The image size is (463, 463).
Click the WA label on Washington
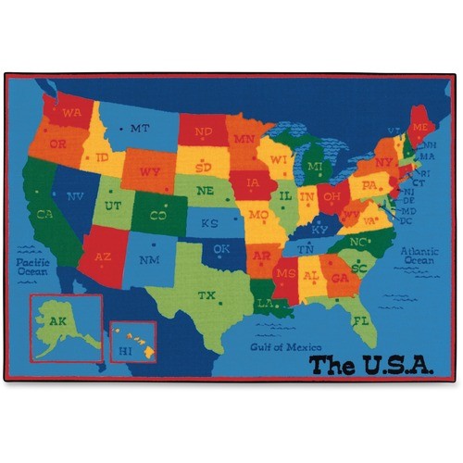click(72, 113)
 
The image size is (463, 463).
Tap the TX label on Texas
click(206, 295)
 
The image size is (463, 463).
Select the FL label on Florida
click(360, 320)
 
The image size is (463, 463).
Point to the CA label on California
click(44, 215)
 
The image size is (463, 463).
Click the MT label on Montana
click(140, 129)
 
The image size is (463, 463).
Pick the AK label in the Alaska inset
click(57, 321)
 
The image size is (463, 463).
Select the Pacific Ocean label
click(33, 267)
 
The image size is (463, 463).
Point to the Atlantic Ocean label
click(419, 256)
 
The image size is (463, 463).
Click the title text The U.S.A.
click(370, 365)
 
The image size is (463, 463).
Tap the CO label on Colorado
click(157, 217)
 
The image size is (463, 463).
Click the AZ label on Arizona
click(104, 257)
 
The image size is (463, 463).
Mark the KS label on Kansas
click(210, 224)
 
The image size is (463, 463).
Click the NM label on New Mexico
click(149, 260)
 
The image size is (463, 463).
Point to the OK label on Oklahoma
click(220, 249)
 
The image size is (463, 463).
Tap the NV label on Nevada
click(75, 196)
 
